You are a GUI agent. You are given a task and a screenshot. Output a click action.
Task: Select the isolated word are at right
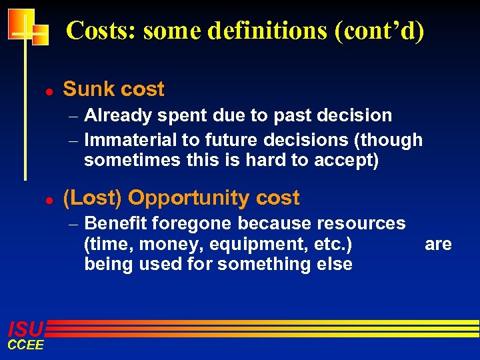[x=438, y=244]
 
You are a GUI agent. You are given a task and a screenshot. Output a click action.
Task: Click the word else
[x=335, y=264]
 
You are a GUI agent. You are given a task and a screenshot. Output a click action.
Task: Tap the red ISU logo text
[x=25, y=329]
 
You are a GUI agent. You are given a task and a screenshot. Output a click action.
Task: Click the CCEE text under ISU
[x=25, y=345]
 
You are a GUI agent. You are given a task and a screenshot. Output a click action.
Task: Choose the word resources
[x=361, y=223]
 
